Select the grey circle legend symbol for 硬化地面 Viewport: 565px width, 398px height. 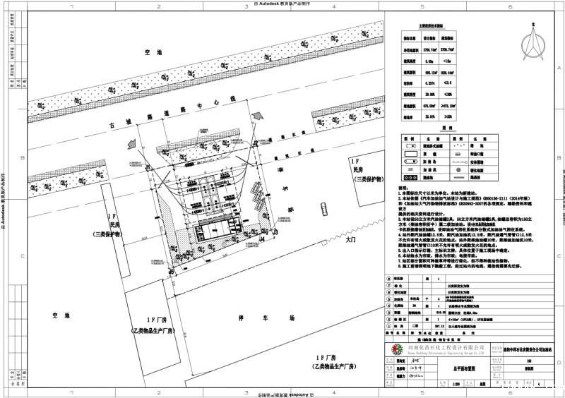[x=456, y=170]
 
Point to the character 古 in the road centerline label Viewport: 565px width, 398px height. [x=111, y=126]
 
